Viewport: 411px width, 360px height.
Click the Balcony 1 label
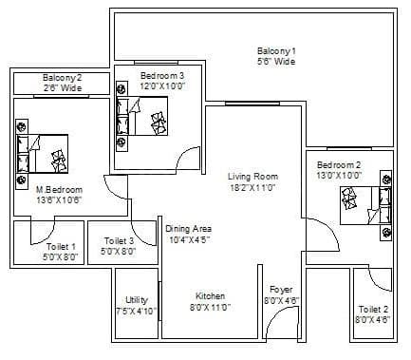[x=276, y=50]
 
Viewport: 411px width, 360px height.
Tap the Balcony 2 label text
[x=62, y=78]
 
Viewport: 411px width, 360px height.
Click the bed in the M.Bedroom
[x=42, y=148]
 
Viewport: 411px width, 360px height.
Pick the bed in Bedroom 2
[x=362, y=202]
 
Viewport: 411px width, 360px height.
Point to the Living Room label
[x=252, y=176]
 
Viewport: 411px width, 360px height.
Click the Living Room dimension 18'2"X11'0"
[x=252, y=188]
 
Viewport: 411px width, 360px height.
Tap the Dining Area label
[x=188, y=229]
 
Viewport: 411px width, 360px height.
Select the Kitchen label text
[x=210, y=295]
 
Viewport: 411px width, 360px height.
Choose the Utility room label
[x=136, y=298]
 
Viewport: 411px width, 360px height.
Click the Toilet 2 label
[x=372, y=309]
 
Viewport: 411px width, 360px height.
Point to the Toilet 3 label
[x=120, y=241]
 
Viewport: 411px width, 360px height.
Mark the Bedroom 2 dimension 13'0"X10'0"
[x=340, y=176]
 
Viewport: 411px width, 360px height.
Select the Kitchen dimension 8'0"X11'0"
[x=210, y=308]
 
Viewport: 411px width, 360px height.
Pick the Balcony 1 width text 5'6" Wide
[x=276, y=62]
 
